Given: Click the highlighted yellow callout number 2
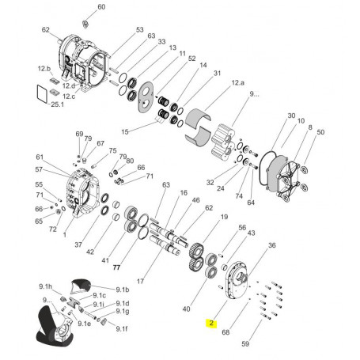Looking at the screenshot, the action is pyautogui.click(x=211, y=323).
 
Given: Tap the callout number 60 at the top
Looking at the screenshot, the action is pyautogui.click(x=101, y=7).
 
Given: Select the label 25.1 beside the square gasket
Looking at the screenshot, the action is pyautogui.click(x=57, y=104).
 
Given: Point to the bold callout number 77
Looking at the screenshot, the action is pyautogui.click(x=116, y=267).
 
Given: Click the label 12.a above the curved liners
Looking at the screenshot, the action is pyautogui.click(x=238, y=83).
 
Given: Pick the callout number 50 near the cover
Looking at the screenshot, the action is pyautogui.click(x=320, y=132).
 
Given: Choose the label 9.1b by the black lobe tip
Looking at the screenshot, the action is pyautogui.click(x=123, y=290).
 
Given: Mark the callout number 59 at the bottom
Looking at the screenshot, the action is pyautogui.click(x=245, y=343).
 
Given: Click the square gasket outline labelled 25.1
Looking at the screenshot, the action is pyautogui.click(x=42, y=93).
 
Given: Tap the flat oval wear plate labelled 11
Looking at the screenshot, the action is pyautogui.click(x=146, y=97).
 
